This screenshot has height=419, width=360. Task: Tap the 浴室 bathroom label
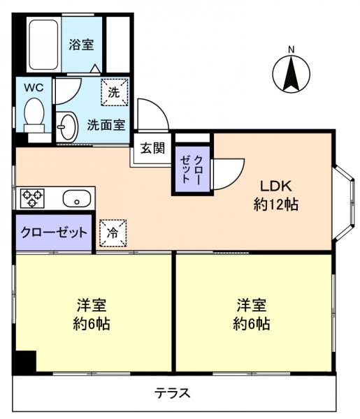tap(80, 45)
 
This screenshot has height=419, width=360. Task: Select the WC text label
tap(34, 88)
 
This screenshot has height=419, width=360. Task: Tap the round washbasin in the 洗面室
tap(67, 126)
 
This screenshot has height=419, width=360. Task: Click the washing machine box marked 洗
tap(113, 91)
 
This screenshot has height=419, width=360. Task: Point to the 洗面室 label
tap(106, 126)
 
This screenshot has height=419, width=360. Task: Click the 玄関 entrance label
tap(152, 148)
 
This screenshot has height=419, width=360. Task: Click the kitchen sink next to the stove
tap(75, 199)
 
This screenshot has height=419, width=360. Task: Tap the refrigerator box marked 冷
tap(112, 233)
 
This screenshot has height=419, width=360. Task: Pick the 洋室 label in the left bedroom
tap(92, 305)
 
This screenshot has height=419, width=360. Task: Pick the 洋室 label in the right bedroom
tap(251, 305)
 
